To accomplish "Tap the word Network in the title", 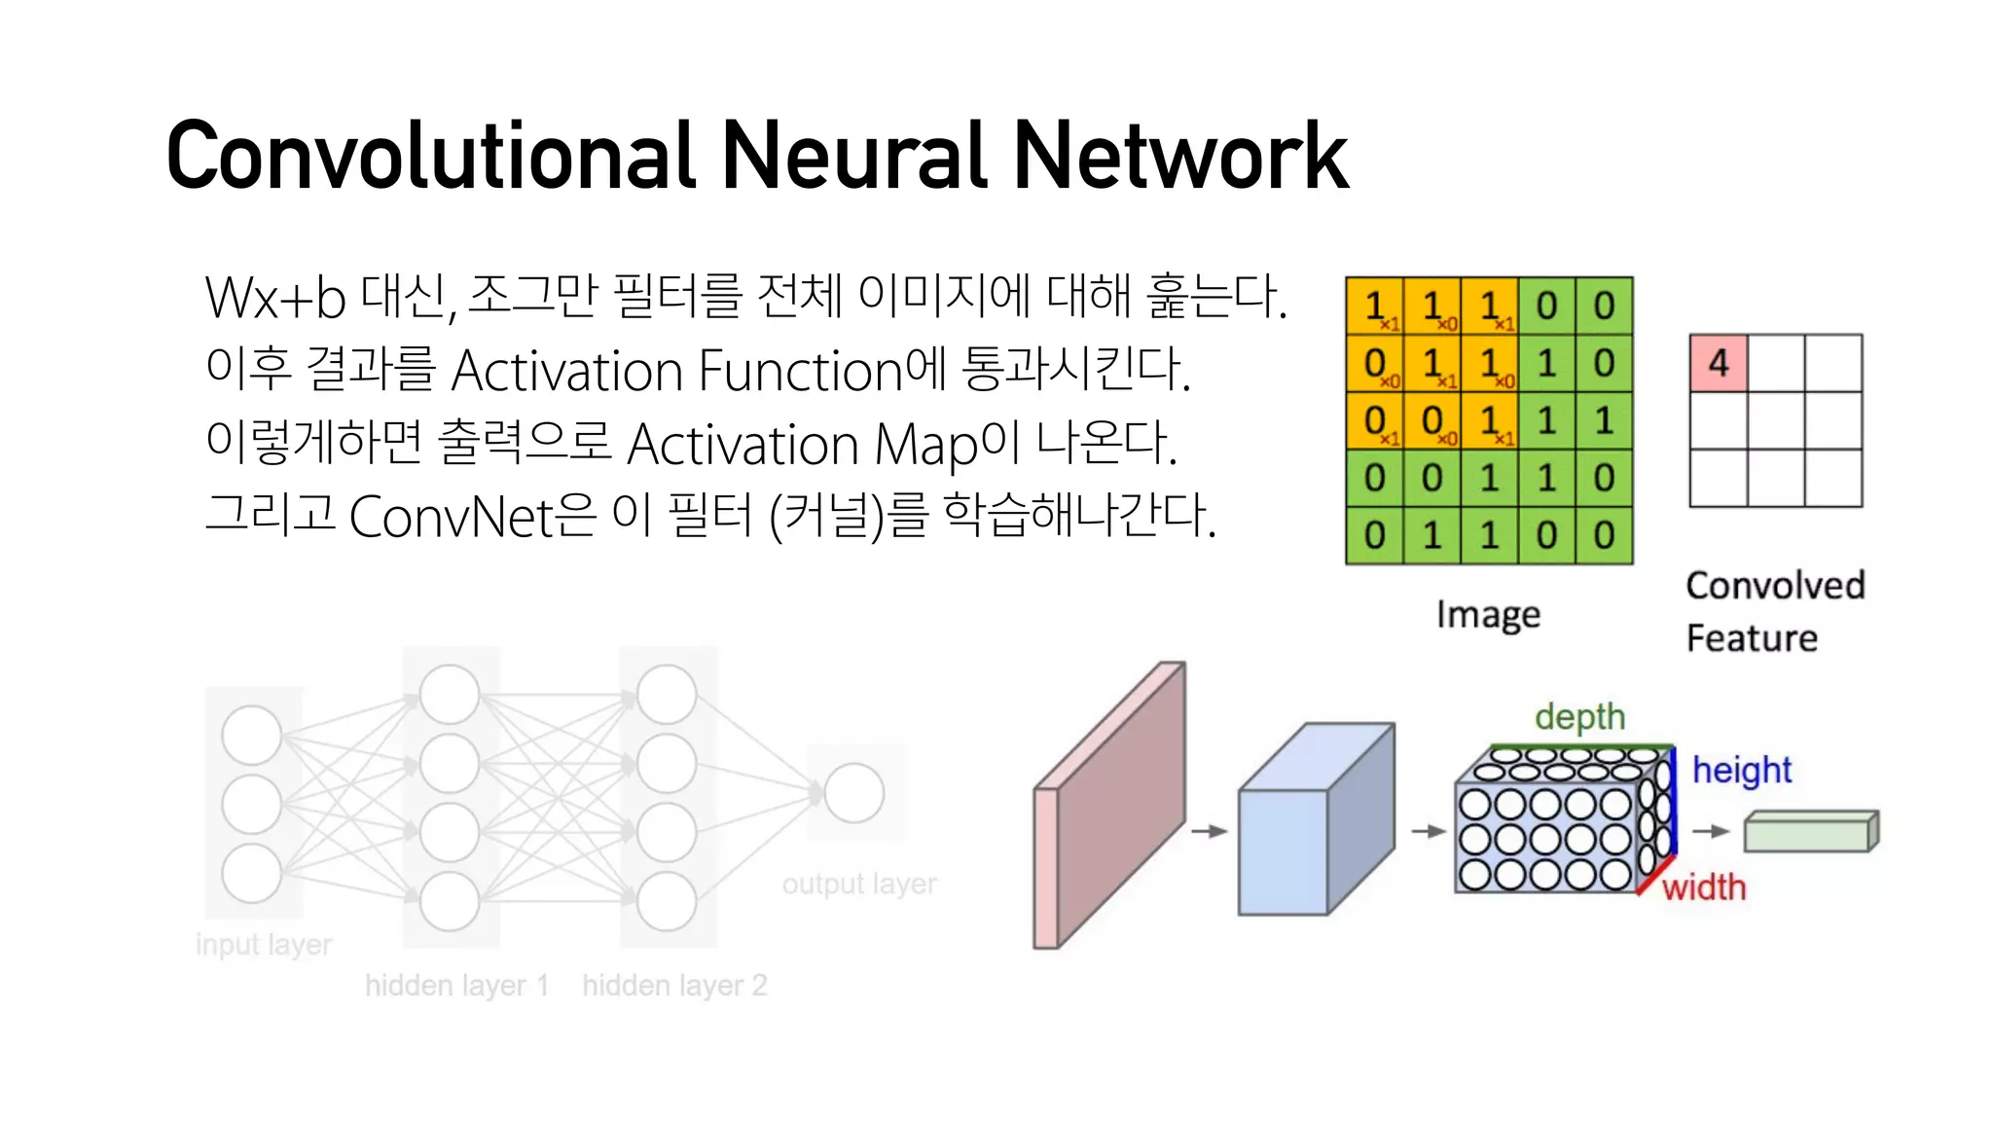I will tap(1180, 156).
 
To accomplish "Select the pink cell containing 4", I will tap(1719, 363).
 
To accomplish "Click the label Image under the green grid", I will tap(1488, 615).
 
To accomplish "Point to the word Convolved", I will tap(1775, 586).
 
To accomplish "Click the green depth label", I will tap(1579, 717).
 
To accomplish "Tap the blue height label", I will tap(1741, 770).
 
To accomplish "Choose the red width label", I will tap(1704, 887).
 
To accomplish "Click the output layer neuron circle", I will tap(853, 793).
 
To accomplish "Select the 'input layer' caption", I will tap(264, 945).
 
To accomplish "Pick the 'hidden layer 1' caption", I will tap(456, 986).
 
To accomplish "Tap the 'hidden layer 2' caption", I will tap(674, 986).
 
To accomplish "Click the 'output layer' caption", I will tap(859, 884).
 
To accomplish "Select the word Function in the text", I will tap(800, 371).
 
